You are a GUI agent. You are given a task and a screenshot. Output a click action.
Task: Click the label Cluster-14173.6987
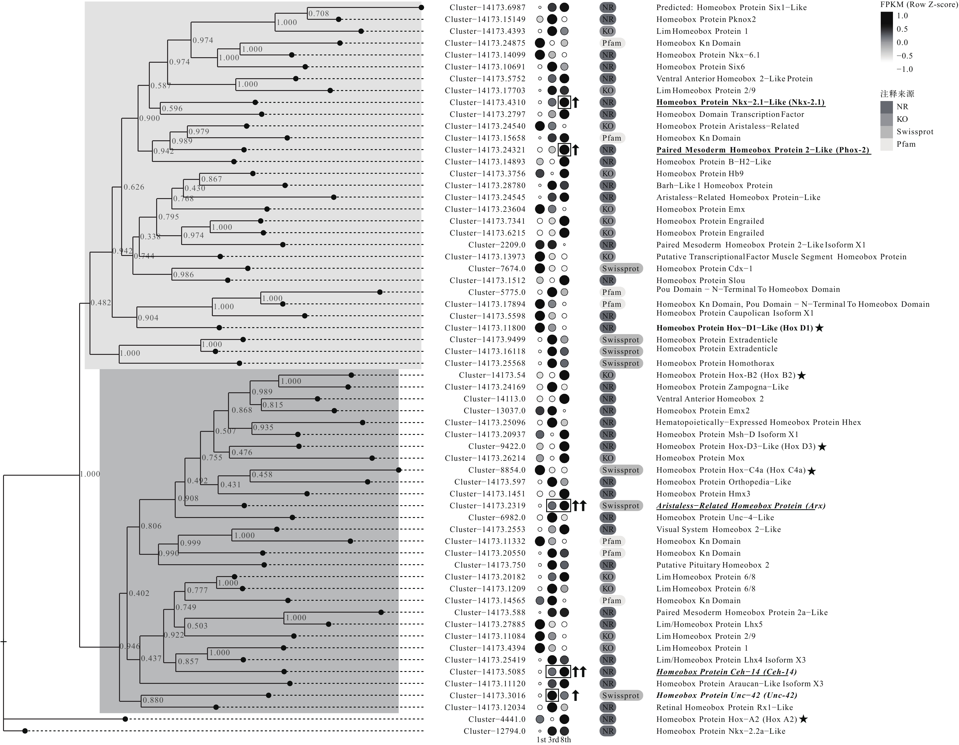pos(487,8)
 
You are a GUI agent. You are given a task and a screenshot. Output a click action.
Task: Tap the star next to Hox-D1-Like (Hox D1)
pos(819,328)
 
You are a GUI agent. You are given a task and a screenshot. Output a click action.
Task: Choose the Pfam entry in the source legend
pos(905,144)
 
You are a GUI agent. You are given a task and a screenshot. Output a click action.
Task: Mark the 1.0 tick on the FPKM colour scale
pos(902,16)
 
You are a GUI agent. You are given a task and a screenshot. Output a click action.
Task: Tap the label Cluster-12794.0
pos(494,731)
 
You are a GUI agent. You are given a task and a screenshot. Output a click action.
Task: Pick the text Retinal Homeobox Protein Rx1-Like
pos(725,707)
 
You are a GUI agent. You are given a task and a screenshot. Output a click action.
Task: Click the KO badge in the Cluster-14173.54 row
pos(608,375)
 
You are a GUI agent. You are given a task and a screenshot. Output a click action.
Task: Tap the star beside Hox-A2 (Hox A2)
pos(803,719)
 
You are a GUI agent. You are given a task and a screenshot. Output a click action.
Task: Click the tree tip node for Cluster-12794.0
pos(25,731)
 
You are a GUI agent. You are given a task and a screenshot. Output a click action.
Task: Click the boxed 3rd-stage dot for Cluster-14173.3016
pos(552,695)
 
